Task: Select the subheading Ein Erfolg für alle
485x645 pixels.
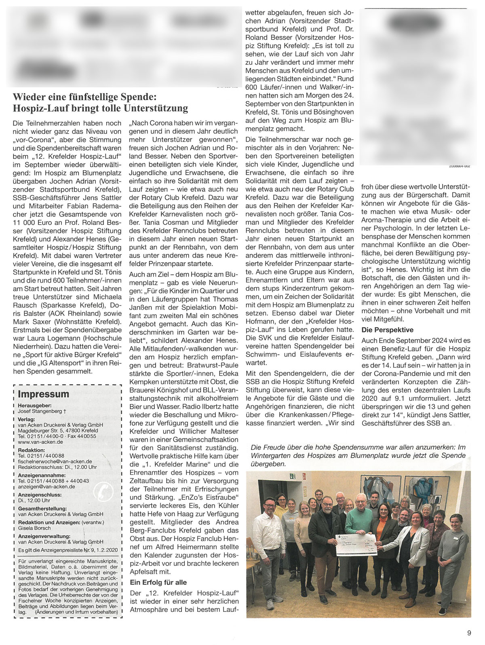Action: tap(158, 582)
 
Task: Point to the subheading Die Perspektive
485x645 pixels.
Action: tap(388, 330)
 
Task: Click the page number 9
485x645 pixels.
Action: tap(469, 633)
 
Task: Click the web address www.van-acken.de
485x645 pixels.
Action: tap(40, 442)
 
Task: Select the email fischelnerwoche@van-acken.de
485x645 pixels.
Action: tap(55, 461)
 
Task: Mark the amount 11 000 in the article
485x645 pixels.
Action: tap(26, 214)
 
